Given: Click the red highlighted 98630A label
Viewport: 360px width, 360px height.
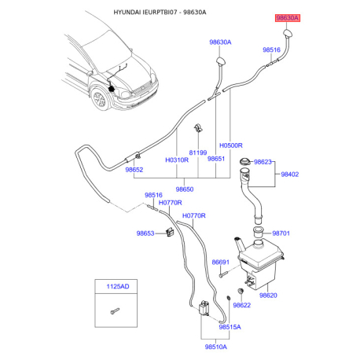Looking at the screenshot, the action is click(288, 18).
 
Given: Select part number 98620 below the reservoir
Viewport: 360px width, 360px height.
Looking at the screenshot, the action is click(268, 296).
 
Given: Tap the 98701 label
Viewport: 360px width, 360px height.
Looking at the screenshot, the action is click(281, 233).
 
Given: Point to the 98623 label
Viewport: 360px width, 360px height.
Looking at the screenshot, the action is click(263, 162).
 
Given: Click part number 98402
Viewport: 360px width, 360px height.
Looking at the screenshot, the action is click(290, 174).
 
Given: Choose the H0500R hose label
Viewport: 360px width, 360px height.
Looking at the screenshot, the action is click(231, 145).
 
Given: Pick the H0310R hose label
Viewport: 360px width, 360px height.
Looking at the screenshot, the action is click(177, 160).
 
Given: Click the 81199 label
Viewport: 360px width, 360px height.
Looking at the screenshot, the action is click(198, 152).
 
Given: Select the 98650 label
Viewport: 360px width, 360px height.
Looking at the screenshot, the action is click(185, 189).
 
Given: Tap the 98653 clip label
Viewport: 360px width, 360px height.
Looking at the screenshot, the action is click(145, 233).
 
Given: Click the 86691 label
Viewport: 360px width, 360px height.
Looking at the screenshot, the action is click(220, 262).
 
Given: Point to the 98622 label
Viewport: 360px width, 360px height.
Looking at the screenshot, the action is click(241, 305).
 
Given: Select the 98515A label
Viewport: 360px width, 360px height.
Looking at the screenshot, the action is click(230, 327).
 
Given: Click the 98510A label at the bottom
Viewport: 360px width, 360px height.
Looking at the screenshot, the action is click(216, 347).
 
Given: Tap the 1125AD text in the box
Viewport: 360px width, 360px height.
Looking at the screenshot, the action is click(118, 286).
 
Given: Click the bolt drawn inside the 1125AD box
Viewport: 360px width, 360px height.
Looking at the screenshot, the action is click(115, 311).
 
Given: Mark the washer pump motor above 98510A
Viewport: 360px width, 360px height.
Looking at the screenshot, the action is click(204, 308).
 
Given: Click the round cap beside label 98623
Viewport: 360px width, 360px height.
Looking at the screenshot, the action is click(245, 161).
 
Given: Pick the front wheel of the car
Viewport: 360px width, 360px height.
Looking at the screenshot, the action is click(100, 100).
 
